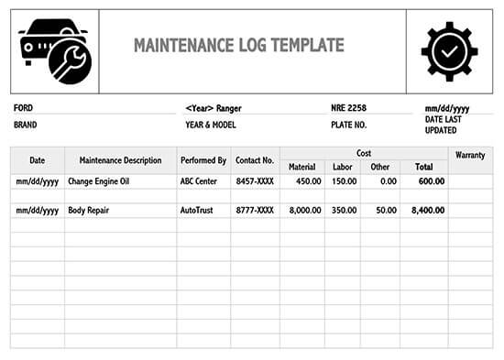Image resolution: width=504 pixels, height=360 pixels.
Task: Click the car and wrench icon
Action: point(53,52)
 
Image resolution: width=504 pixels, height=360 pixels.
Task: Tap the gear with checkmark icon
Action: point(449,52)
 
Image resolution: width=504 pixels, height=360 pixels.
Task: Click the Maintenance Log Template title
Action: point(239,46)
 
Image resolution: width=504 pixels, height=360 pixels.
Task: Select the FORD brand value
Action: point(24,108)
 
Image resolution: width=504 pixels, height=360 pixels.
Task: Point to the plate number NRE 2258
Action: point(348,108)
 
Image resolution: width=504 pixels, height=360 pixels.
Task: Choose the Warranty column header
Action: point(469,156)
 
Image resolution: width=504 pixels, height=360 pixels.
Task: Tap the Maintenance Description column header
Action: point(120,160)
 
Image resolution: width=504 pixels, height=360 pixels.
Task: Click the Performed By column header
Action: point(203,160)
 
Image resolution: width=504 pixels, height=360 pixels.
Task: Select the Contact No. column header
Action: point(255,160)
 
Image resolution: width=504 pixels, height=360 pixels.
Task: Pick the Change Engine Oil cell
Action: point(99,181)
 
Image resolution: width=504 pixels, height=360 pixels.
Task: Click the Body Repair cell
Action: point(89,211)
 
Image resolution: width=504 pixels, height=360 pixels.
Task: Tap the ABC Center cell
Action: point(199,181)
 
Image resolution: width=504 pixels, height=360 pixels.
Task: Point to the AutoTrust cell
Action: point(197,211)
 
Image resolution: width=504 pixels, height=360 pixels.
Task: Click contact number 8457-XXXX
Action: point(255,181)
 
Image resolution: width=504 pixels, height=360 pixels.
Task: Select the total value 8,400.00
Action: point(428,211)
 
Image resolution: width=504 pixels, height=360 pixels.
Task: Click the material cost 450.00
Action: point(307,181)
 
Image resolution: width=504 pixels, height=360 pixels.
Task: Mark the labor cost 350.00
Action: point(345,211)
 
